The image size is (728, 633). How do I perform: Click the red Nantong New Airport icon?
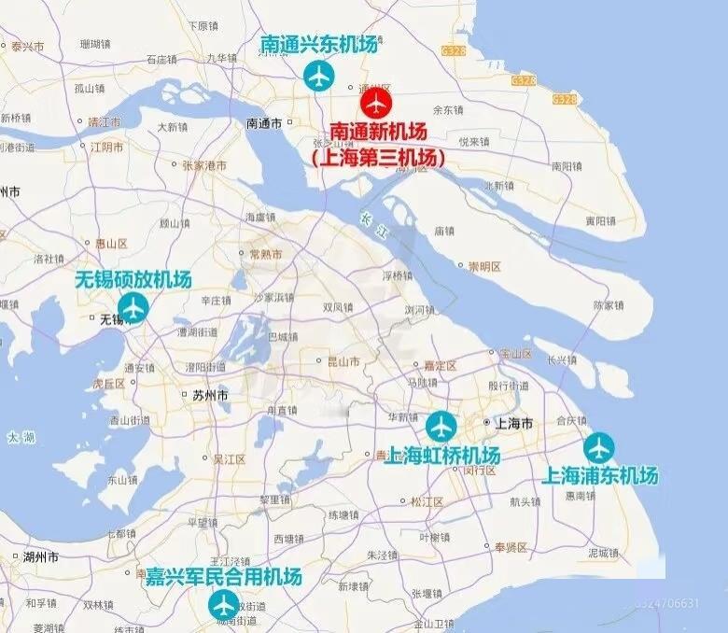[376, 102]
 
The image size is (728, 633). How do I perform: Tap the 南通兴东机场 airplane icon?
[319, 75]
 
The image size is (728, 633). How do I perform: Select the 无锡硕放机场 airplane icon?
[133, 306]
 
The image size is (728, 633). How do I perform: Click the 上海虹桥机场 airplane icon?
[441, 427]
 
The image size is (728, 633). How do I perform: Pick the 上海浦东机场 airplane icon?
[599, 448]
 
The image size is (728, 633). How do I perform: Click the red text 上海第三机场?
[379, 159]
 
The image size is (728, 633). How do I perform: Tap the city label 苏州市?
[209, 396]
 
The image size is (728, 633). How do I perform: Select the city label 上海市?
[514, 424]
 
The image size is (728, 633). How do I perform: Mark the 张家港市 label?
[204, 165]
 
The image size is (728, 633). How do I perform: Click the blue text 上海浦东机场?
[600, 476]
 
